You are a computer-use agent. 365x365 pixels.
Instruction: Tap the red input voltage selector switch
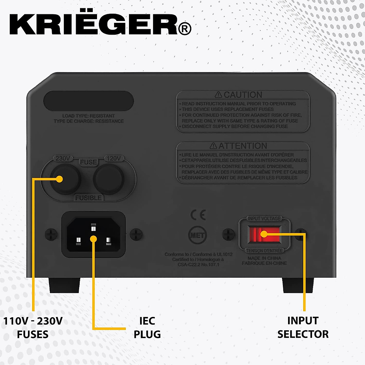(264, 234)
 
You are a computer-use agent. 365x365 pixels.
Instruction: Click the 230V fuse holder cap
(65, 179)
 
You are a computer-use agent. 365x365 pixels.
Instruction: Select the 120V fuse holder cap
(109, 179)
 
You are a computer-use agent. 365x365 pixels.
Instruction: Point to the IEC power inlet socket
(93, 235)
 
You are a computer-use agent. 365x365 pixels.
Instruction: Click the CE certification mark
(198, 215)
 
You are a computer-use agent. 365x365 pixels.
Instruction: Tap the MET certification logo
(197, 235)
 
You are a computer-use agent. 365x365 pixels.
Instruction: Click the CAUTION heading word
(242, 95)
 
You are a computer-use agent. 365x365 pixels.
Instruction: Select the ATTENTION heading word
(242, 146)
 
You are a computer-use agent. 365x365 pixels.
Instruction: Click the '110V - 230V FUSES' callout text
(33, 328)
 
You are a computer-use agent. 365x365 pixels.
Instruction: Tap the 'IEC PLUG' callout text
(147, 328)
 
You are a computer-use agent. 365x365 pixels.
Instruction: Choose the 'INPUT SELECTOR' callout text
(303, 328)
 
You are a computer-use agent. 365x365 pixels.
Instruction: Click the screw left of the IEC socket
(51, 234)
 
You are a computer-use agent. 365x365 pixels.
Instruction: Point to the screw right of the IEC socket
(136, 234)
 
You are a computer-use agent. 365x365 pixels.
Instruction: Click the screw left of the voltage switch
(228, 234)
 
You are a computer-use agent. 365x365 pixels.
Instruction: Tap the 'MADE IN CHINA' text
(264, 258)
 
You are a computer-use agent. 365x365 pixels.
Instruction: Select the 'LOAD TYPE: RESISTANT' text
(89, 116)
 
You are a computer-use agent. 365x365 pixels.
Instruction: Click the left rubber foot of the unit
(64, 285)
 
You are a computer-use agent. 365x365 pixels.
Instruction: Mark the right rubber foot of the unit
(298, 285)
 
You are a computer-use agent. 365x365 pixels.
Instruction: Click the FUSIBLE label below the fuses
(89, 198)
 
